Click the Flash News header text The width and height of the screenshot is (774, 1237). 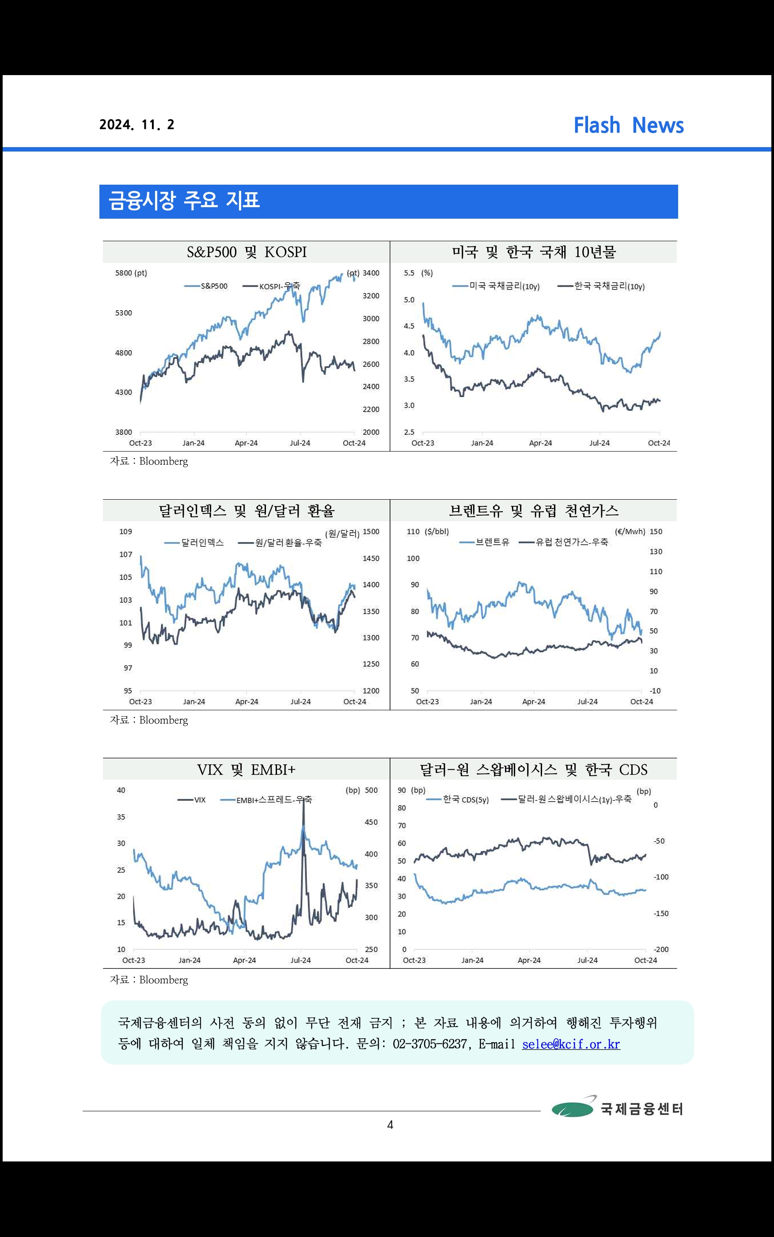[628, 125]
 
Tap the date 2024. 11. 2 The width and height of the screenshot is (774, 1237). [137, 125]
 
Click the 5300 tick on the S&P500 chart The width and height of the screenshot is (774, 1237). [123, 313]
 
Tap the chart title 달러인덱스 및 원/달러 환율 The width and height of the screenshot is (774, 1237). [246, 511]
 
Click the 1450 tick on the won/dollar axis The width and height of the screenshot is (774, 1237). [371, 558]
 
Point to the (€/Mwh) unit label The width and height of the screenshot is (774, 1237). [630, 532]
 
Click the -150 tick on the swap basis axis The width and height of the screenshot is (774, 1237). [661, 914]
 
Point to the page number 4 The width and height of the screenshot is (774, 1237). [390, 1125]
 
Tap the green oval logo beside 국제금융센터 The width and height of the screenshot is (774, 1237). [572, 1109]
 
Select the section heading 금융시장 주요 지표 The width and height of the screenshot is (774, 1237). [184, 201]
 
